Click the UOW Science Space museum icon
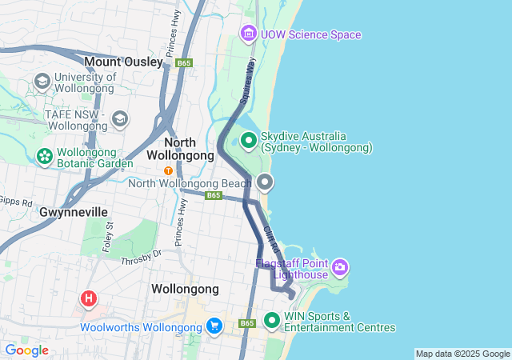[x=248, y=34]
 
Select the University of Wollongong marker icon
[x=42, y=82]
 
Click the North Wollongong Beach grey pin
[x=265, y=182]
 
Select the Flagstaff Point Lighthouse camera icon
[x=340, y=266]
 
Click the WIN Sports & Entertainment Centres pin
[x=272, y=321]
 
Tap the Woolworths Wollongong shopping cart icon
[x=214, y=327]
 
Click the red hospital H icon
[x=89, y=300]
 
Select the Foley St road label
[x=108, y=238]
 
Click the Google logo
[x=26, y=350]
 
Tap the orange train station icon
[x=168, y=170]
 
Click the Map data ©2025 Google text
[x=462, y=354]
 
